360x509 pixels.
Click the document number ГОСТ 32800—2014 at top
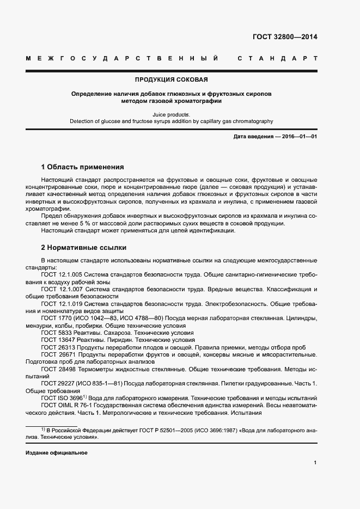click(285, 37)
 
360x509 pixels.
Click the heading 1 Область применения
click(83, 167)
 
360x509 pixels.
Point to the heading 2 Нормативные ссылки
click(80, 247)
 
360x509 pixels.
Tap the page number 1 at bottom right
click(315, 463)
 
